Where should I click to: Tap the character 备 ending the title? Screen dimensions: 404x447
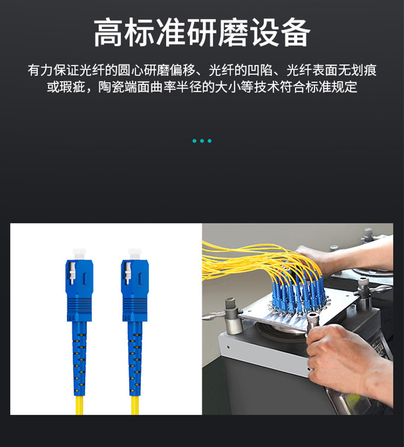[296, 32]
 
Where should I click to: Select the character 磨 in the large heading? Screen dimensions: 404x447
[233, 32]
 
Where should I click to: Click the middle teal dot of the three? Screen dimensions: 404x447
[202, 141]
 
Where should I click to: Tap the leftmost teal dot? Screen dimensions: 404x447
[194, 141]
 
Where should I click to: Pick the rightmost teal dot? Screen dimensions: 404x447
[210, 141]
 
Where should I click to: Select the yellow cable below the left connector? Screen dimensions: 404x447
[80, 405]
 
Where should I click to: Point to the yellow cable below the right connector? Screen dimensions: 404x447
[135, 405]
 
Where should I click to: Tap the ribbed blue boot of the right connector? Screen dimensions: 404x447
[135, 359]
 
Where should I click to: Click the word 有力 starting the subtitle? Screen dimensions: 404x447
[40, 70]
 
